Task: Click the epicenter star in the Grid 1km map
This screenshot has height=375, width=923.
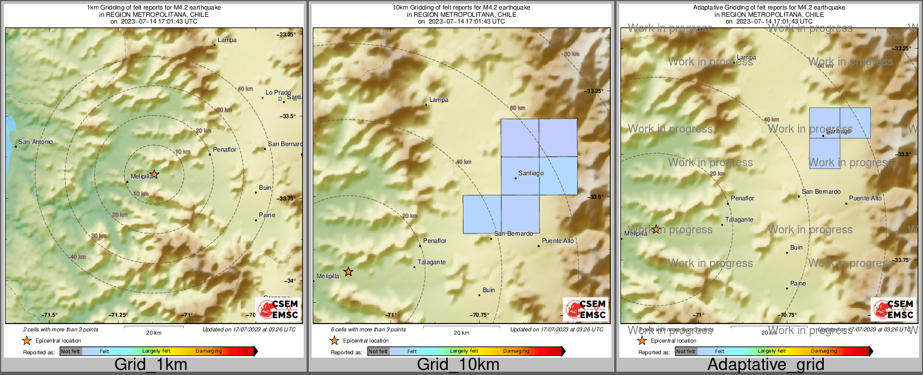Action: pos(155,174)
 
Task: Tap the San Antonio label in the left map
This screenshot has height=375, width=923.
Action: pos(35,142)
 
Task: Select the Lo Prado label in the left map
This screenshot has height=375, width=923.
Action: pos(278,93)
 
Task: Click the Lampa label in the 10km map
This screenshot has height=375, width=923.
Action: pos(439,100)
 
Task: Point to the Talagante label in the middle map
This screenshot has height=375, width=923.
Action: pos(432,262)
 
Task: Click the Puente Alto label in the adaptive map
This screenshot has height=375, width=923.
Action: pos(865,199)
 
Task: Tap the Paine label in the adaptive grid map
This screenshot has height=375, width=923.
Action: pos(798,284)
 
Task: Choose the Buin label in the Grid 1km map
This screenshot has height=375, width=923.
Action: pos(265,188)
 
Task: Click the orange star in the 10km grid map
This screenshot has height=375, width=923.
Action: pos(348,272)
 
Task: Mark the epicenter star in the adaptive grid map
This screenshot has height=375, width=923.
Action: pos(656,229)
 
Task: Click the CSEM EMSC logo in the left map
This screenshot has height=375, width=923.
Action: pos(278,309)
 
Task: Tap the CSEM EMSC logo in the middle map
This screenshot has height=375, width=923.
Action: pos(586,309)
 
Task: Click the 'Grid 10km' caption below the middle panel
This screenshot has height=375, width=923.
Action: pos(458,365)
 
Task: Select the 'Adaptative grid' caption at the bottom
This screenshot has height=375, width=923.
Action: pos(766,365)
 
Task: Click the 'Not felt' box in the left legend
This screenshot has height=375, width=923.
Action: pos(71,351)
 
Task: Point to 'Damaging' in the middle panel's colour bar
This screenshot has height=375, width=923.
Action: pos(516,351)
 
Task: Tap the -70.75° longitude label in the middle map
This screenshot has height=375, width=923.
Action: pos(480,315)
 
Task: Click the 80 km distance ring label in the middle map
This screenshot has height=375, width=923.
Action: pos(571,54)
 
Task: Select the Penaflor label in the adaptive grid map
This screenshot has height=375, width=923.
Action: pos(743,199)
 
